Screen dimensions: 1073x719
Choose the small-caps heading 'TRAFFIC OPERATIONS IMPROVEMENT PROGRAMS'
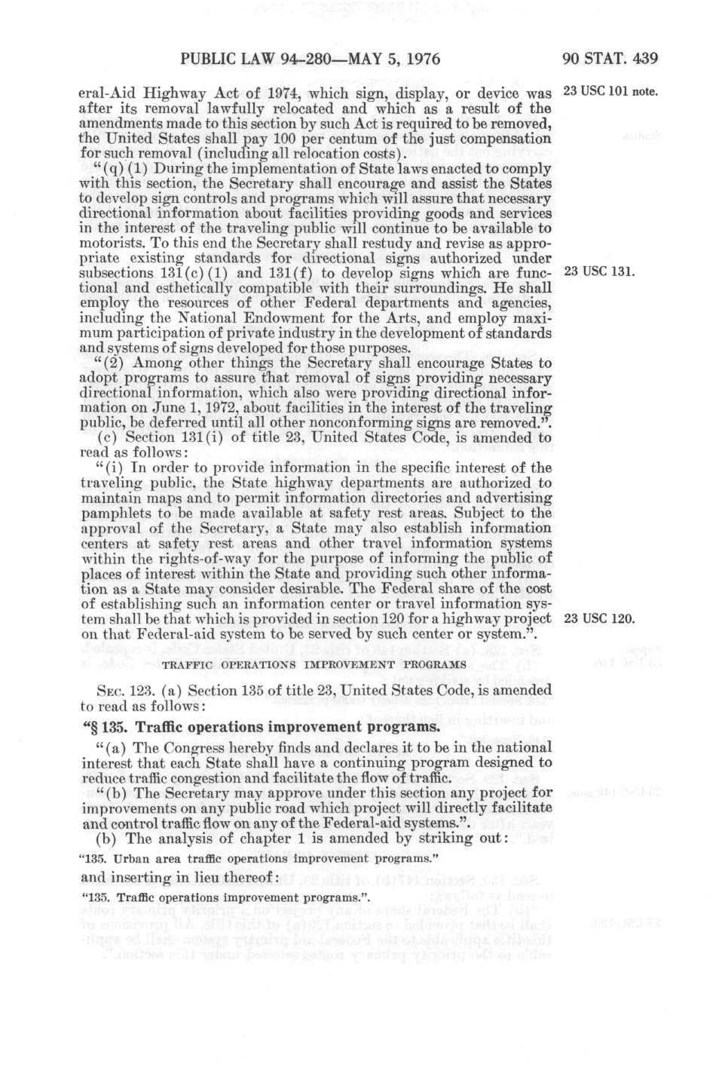(314, 664)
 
